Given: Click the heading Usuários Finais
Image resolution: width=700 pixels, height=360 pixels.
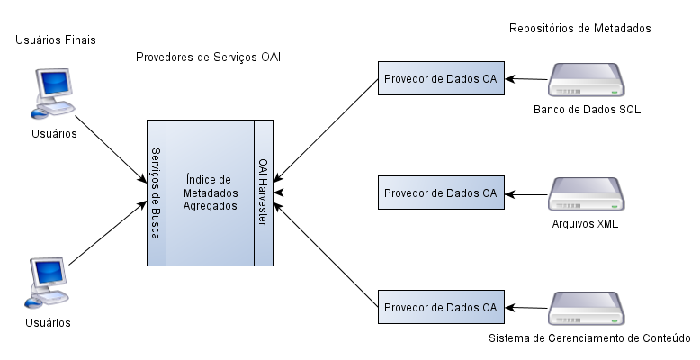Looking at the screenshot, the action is (x=56, y=40).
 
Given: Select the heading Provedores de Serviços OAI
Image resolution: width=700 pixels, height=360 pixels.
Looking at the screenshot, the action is (x=208, y=58).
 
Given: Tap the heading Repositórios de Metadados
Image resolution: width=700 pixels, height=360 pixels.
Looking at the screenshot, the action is (x=580, y=29).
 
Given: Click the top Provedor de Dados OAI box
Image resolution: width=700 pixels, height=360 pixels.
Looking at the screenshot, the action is (x=441, y=78).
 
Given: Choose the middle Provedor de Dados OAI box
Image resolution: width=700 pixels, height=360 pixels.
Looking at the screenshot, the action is (x=441, y=193).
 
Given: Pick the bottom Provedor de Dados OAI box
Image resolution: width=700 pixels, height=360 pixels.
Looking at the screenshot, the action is (x=441, y=307).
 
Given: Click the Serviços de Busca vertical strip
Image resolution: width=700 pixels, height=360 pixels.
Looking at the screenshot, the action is (x=157, y=193).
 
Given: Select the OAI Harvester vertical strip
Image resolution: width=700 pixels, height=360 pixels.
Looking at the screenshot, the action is (x=264, y=193).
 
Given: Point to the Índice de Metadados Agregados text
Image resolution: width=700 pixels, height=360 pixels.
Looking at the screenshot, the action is (x=211, y=193).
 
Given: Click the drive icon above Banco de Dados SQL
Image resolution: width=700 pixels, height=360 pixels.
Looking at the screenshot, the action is (x=586, y=80).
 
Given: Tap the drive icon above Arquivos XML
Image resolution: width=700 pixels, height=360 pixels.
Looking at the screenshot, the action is (x=586, y=194).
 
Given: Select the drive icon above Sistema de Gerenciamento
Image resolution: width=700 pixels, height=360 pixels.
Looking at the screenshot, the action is (x=586, y=309).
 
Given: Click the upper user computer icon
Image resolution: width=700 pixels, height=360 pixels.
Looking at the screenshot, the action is (x=53, y=94).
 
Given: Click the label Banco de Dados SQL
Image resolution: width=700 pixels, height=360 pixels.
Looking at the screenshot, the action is (x=587, y=110).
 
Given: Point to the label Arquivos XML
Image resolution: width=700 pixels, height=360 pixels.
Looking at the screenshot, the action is (x=585, y=224).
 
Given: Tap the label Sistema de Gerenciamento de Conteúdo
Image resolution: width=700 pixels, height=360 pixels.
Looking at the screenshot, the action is (x=589, y=338).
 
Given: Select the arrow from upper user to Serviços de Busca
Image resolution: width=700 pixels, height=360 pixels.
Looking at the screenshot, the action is (x=111, y=149).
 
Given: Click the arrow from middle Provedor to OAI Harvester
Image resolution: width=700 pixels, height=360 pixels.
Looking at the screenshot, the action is (x=326, y=193).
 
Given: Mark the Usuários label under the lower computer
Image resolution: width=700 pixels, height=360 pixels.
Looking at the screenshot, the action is (x=48, y=322).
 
